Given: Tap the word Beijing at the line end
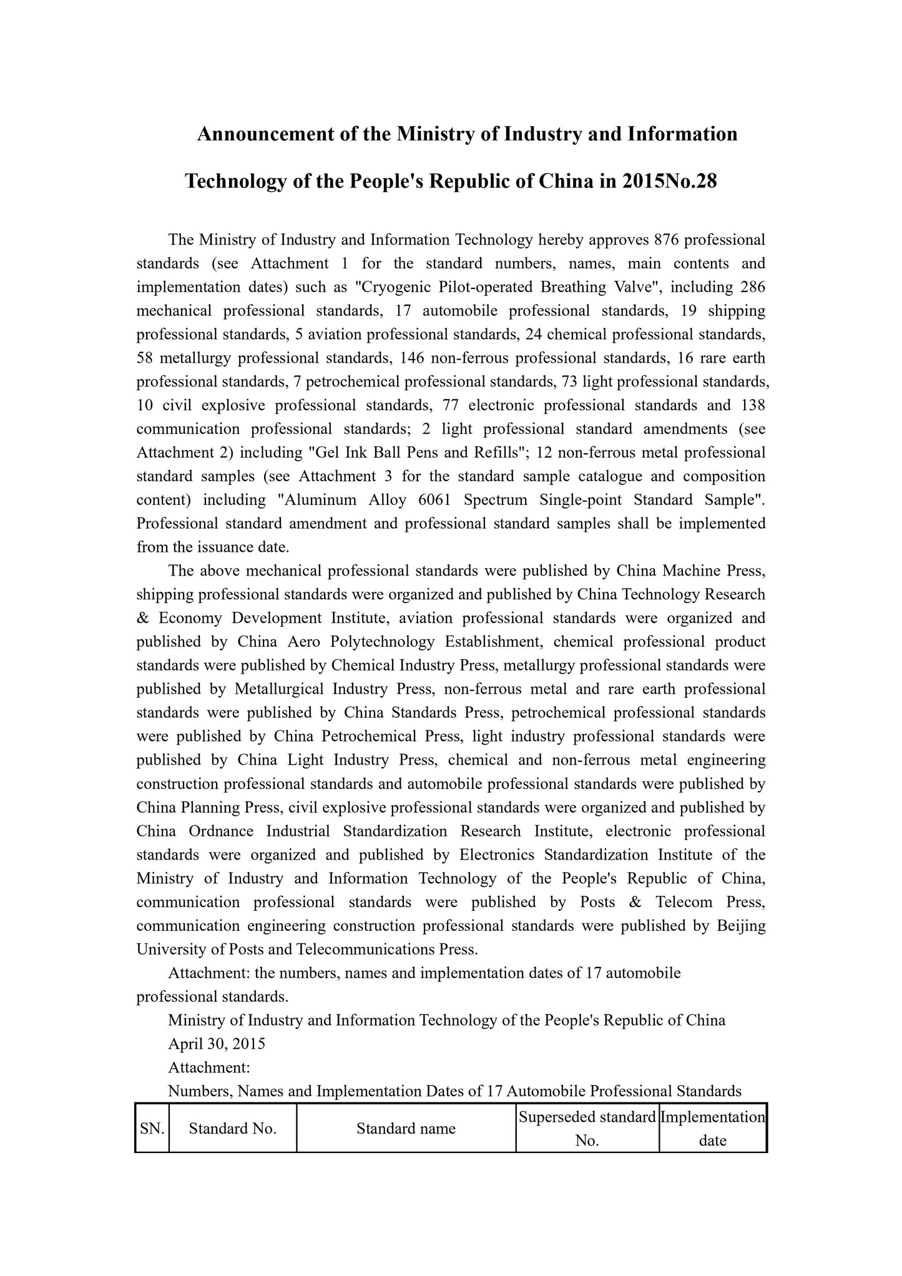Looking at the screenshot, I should coord(741,926).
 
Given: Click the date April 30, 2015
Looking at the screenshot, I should coord(217,1043).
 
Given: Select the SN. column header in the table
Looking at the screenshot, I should coord(152,1128).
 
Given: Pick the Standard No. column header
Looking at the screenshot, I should coord(232,1128).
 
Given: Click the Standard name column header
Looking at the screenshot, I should coord(406,1128).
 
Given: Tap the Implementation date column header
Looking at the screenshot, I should coord(712,1128).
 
